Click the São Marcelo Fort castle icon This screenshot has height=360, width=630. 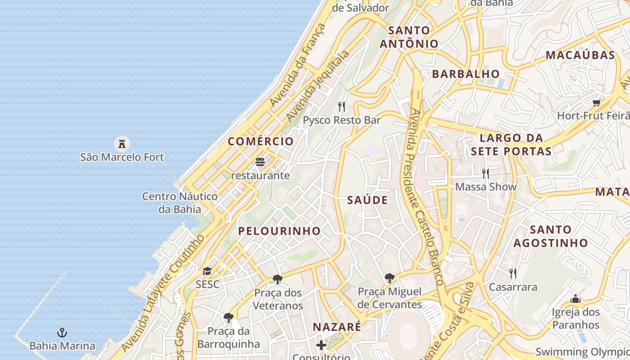121,144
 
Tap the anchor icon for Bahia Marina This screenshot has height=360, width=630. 62,333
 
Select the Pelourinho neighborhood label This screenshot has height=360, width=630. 279,231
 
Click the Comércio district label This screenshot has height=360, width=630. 261,141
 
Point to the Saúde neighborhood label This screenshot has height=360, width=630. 367,200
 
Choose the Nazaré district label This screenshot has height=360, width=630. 337,327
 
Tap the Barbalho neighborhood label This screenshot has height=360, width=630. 466,74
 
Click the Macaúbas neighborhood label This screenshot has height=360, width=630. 580,55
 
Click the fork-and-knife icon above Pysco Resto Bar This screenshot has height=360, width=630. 342,107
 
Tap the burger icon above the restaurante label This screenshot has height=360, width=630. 260,162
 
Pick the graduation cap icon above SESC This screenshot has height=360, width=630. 207,271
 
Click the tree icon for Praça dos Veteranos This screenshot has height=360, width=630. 278,279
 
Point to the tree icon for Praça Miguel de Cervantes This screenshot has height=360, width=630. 389,278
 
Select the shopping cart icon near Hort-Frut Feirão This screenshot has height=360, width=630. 597,102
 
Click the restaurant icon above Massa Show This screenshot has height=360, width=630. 486,173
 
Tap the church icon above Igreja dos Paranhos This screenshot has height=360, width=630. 576,299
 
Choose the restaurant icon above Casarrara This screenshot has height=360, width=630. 513,273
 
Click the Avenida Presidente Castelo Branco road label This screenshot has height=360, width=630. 424,196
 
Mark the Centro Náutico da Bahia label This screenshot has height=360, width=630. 180,202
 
